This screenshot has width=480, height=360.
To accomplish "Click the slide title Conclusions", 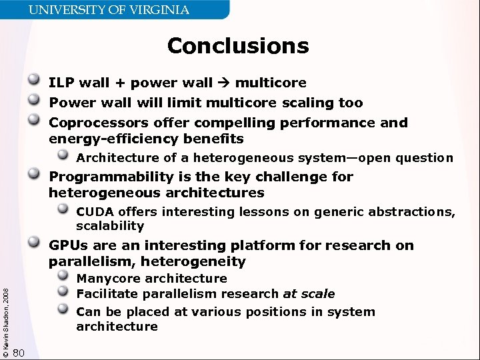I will coord(238,46).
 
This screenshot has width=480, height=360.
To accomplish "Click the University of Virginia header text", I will coord(109,10).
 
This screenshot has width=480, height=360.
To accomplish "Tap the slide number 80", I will coord(19,352).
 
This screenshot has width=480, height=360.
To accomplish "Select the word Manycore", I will coord(109,279).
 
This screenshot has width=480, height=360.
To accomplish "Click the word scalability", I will coord(110,226).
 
